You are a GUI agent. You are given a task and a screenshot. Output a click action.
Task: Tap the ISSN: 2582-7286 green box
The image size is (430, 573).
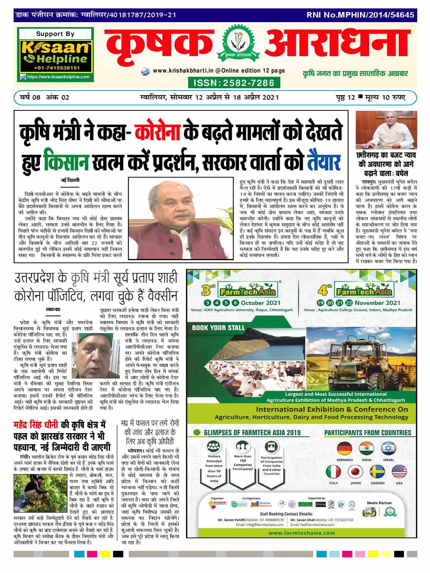point(234,83)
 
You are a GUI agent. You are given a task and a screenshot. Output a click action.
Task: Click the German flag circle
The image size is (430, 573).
point(344,448)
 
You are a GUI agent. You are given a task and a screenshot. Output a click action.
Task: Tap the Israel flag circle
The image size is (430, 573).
point(388,448)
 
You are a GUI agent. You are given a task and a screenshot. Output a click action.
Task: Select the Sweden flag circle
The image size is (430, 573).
point(377,472)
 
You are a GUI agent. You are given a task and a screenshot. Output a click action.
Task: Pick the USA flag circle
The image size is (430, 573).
point(399,472)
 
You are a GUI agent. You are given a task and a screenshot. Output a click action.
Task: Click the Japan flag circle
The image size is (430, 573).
point(355,472)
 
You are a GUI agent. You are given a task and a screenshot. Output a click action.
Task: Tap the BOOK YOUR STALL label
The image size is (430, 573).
point(218,327)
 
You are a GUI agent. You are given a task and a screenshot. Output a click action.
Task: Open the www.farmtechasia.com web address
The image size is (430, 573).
point(302,533)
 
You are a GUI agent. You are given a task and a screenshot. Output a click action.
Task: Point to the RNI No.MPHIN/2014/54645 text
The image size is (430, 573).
point(360,15)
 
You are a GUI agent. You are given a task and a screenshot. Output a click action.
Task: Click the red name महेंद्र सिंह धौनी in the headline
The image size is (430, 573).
point(37,425)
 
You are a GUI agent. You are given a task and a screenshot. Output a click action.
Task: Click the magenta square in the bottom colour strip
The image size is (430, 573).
point(92,554)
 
